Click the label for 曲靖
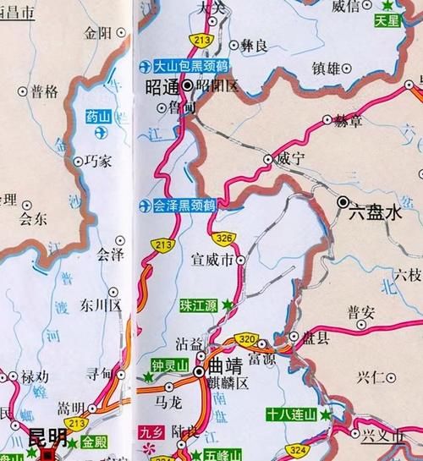tap(226, 370)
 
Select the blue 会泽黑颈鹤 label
tap(183, 205)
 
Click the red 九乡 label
tap(150, 432)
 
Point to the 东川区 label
tap(102, 303)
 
